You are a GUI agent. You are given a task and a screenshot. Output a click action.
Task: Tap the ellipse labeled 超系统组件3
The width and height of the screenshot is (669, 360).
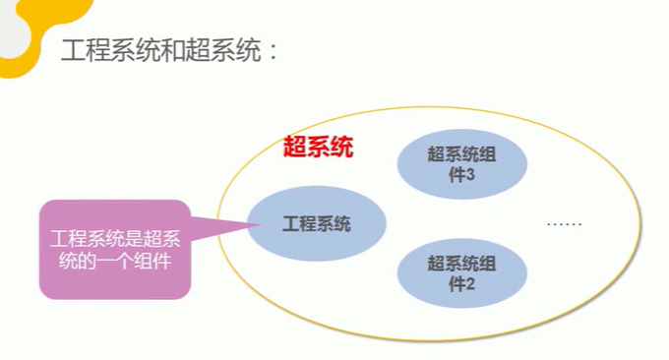(x=461, y=164)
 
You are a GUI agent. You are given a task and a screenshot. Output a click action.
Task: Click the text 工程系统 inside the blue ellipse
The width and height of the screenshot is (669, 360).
(x=316, y=224)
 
